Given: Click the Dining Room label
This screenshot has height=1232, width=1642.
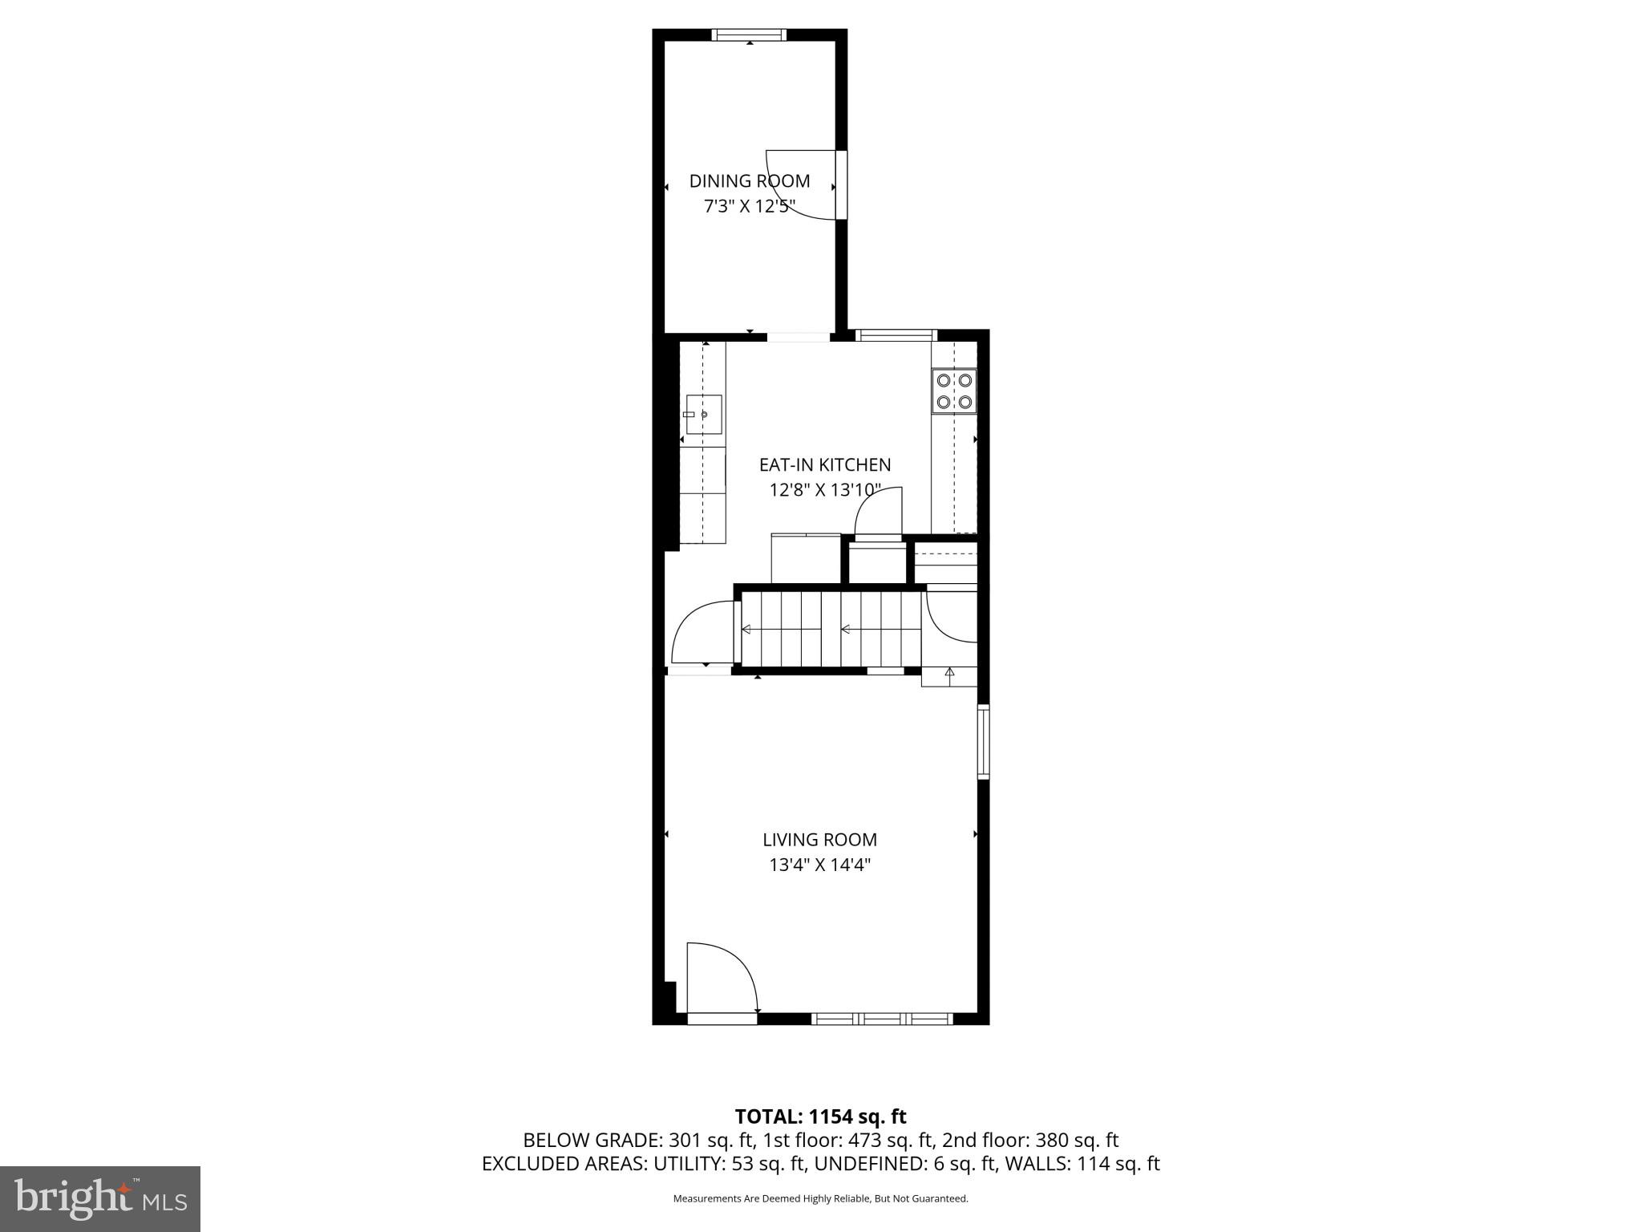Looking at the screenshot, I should point(750,181).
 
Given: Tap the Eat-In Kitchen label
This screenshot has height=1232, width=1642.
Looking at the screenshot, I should point(825,465).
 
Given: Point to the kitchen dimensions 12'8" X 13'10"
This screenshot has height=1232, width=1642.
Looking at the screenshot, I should point(825,490).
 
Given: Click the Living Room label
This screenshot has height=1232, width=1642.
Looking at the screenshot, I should point(819,840).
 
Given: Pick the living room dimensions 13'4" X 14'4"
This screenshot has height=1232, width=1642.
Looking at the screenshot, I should point(819,865).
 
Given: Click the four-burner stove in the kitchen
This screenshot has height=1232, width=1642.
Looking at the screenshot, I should point(954,391).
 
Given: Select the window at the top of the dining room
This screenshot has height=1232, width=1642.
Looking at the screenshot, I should point(750,34).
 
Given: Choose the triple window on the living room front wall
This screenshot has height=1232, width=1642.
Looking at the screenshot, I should point(882,1019).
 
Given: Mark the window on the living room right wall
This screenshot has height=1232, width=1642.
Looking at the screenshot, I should point(983,742).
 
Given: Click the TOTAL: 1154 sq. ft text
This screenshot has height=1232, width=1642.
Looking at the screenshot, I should point(820,1116).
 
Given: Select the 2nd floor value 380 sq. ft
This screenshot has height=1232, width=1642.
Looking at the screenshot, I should point(1077,1141).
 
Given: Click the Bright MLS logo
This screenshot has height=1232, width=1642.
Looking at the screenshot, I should point(100,1199).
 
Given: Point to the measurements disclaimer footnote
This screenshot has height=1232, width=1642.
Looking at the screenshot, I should point(820,1199).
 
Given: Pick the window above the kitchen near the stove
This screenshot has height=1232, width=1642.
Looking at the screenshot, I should point(896,335).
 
